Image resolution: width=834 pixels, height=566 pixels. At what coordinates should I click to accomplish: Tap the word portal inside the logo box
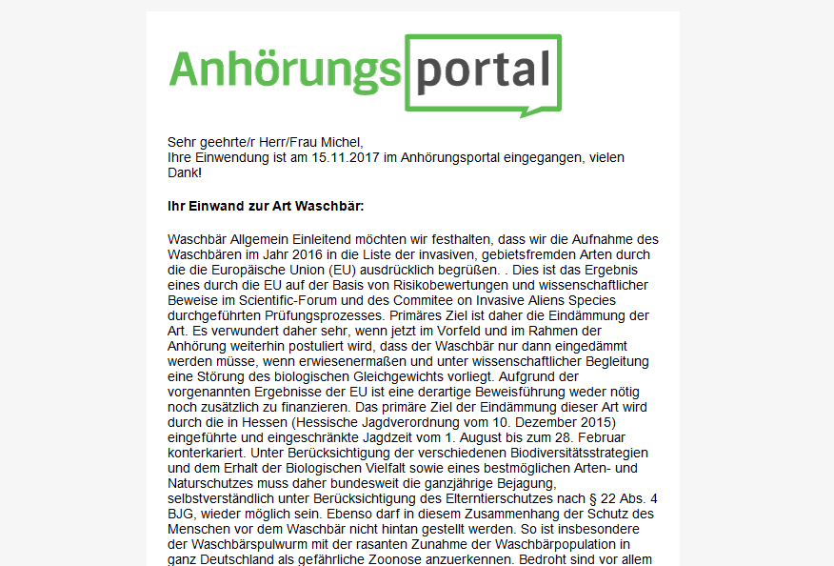click(x=484, y=71)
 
